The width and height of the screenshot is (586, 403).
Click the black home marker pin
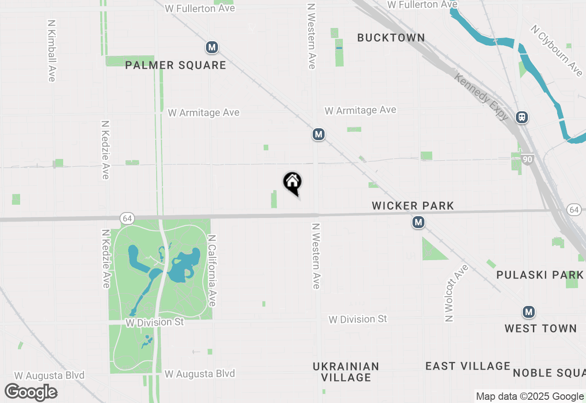tap(293, 183)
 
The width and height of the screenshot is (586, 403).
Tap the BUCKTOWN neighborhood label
tap(391, 38)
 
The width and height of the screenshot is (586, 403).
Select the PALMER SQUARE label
tap(176, 65)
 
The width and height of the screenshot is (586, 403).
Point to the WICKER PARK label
tap(413, 206)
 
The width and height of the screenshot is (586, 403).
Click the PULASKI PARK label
tap(540, 275)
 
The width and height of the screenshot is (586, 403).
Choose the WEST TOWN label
tap(541, 328)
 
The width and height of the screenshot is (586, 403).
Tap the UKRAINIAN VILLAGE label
tap(346, 372)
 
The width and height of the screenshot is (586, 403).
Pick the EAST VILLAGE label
tap(468, 366)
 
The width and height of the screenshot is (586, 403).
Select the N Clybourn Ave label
tap(557, 50)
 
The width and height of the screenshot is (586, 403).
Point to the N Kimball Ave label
tap(52, 50)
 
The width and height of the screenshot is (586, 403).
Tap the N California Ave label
tap(212, 271)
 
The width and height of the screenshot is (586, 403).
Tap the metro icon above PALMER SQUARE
tap(212, 47)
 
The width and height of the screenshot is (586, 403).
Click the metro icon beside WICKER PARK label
tap(418, 223)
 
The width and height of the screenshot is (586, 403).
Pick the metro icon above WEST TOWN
tap(529, 312)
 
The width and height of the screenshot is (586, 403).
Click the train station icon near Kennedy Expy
tap(521, 117)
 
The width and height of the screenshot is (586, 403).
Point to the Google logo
tap(31, 392)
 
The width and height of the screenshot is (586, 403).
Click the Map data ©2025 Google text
tap(530, 397)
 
